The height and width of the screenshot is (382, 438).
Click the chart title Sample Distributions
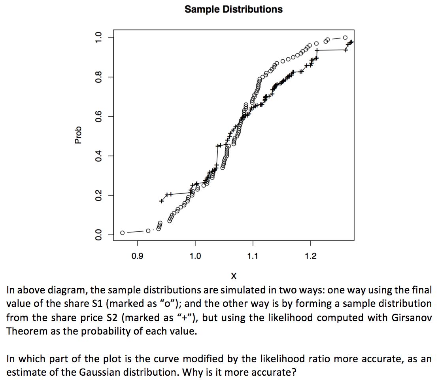[x=233, y=9]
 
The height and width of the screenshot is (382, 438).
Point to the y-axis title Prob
[x=78, y=134]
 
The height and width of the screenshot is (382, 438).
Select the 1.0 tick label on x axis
[x=195, y=257]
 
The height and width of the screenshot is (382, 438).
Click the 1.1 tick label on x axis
[x=253, y=257]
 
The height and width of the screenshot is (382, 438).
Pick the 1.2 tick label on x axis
[x=310, y=257]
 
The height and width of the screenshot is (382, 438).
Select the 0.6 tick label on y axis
[x=99, y=116]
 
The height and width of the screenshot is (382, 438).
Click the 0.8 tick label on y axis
[x=99, y=77]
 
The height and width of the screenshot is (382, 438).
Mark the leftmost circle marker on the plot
[x=123, y=233]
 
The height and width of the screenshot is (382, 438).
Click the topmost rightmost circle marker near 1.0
[x=345, y=38]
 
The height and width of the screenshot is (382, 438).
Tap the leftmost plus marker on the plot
[x=161, y=201]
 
